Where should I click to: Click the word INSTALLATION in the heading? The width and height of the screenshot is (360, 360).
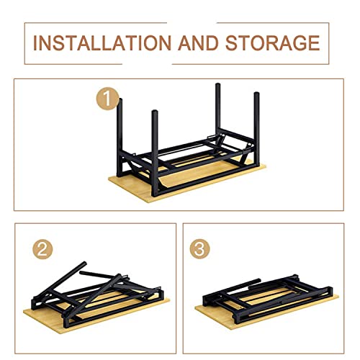[x=102, y=43]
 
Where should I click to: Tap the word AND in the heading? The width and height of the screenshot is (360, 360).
[x=198, y=43]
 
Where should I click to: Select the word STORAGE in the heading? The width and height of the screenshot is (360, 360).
[x=272, y=43]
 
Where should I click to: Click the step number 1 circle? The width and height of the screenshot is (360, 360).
[x=107, y=99]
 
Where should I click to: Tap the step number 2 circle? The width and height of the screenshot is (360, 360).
[x=42, y=249]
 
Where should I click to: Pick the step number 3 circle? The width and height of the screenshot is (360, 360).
[x=199, y=249]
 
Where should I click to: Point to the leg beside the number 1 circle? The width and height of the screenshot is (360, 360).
[x=120, y=137]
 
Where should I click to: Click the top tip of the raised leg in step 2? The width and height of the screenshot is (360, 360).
[x=84, y=263]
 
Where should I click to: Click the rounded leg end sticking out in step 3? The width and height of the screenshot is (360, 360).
[x=258, y=280]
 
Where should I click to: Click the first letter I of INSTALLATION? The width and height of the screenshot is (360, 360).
[x=35, y=43]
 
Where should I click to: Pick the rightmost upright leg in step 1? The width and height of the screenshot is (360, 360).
[x=256, y=128]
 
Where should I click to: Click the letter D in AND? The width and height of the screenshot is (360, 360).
[x=212, y=43]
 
